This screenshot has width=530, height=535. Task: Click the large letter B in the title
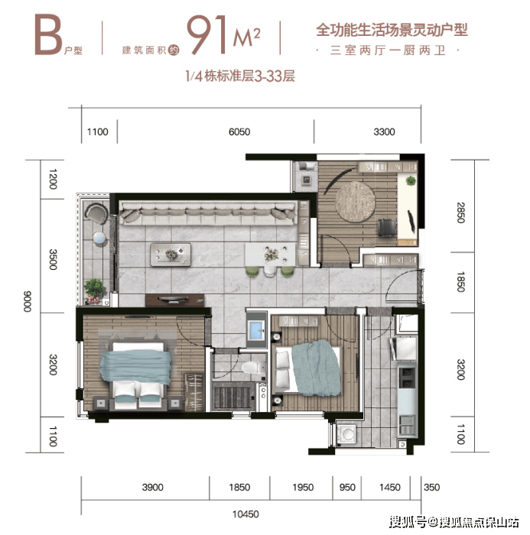48,35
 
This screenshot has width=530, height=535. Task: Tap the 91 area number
207,35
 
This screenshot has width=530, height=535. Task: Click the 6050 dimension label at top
239,131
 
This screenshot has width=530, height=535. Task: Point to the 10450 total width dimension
245,514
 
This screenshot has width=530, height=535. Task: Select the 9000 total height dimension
28,301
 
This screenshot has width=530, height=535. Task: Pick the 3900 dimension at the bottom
153,488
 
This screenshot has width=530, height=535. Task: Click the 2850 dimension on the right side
460,212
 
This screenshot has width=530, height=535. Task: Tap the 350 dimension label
431,488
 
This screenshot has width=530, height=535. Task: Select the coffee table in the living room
171,255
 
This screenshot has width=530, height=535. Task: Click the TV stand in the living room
175,300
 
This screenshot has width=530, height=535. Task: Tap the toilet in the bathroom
253,368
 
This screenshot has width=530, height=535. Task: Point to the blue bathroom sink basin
256,330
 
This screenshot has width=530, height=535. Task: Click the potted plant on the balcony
93,290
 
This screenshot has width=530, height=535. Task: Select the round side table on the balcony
99,238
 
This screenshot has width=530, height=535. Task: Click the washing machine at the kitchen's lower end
347,434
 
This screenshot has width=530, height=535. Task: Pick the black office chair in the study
386,228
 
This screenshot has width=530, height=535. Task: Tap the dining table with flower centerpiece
271,255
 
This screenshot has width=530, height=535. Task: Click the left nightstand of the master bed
101,403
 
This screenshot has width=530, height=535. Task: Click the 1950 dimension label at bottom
303,488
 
